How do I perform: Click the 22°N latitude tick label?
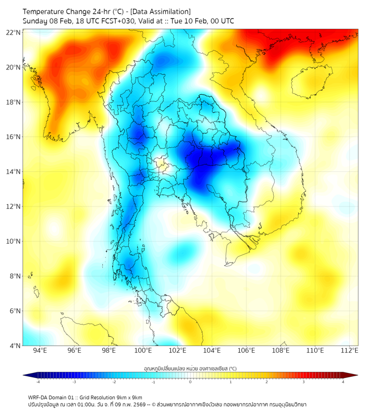tap(14, 32)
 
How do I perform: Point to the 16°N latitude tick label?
tap(14, 137)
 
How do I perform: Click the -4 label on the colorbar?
tap(38, 382)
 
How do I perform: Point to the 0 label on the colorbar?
tap(190, 382)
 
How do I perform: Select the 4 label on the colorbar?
tap(343, 382)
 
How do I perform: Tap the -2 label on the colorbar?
tap(114, 382)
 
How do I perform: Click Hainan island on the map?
tap(310, 82)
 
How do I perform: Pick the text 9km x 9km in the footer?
tap(129, 397)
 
